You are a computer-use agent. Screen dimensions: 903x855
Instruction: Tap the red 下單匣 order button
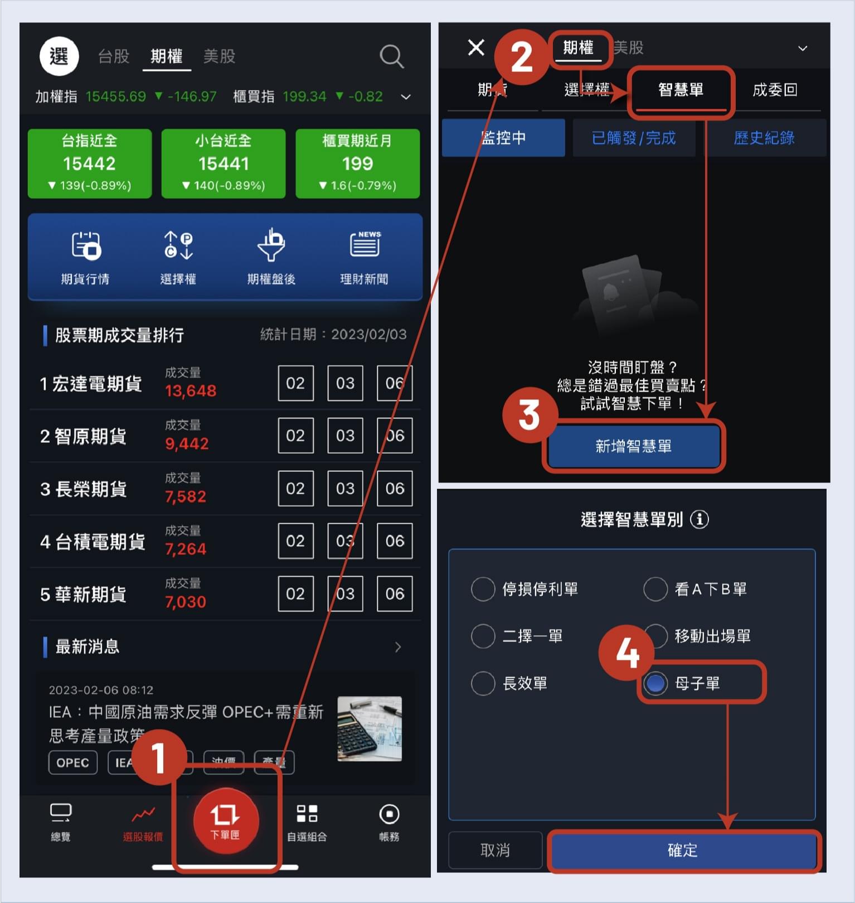pyautogui.click(x=226, y=820)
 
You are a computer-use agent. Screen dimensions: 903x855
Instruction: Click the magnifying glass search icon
pyautogui.click(x=391, y=56)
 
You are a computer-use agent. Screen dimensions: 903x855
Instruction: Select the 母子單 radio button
pyautogui.click(x=655, y=683)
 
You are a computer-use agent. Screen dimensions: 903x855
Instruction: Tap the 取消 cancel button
pyautogui.click(x=495, y=850)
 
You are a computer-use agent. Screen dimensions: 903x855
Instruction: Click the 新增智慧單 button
pyautogui.click(x=633, y=446)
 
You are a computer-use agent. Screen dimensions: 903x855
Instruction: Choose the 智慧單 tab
pyautogui.click(x=681, y=90)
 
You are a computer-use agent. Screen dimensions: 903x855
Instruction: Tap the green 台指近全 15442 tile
pyautogui.click(x=90, y=163)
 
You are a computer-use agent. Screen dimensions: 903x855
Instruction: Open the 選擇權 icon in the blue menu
pyautogui.click(x=178, y=257)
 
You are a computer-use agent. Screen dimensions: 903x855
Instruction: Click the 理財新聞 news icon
pyautogui.click(x=365, y=257)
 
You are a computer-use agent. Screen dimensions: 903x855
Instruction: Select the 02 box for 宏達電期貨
pyautogui.click(x=295, y=383)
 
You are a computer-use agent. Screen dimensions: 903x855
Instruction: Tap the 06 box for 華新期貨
pyautogui.click(x=395, y=593)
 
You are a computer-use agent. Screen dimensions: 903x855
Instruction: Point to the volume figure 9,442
pyautogui.click(x=187, y=443)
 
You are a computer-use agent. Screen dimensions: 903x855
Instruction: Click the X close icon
pyautogui.click(x=476, y=47)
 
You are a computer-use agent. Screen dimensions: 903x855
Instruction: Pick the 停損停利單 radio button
pyautogui.click(x=483, y=589)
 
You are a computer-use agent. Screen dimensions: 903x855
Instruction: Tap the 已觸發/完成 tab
pyautogui.click(x=634, y=138)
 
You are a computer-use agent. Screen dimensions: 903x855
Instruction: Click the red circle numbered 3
pyautogui.click(x=529, y=415)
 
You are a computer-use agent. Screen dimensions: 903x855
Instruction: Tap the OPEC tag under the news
pyautogui.click(x=73, y=762)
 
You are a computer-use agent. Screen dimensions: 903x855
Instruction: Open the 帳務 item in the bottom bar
pyautogui.click(x=388, y=822)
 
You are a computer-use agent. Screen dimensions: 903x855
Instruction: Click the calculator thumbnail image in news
pyautogui.click(x=369, y=728)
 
